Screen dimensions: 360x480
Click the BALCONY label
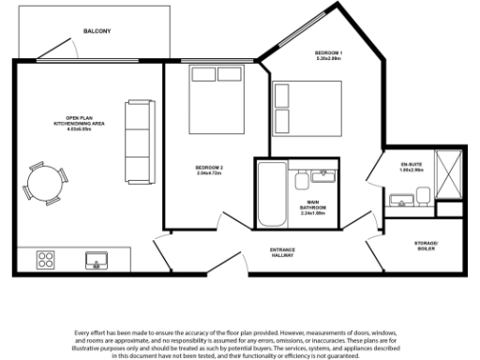tap(97, 31)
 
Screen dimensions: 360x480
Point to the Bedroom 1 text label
tap(329, 54)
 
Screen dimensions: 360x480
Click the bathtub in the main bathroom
tap(273, 194)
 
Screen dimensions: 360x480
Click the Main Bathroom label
tap(312, 207)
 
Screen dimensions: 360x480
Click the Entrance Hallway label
tap(283, 251)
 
